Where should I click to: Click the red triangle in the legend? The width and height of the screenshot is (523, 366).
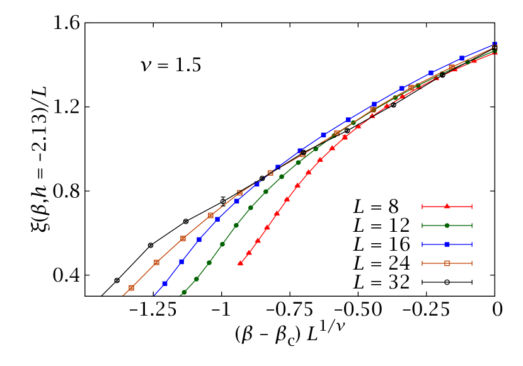[447, 206]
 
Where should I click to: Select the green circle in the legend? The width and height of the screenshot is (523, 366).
[447, 225]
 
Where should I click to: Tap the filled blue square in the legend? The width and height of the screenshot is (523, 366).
[447, 244]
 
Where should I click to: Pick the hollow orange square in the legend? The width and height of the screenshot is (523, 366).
[447, 263]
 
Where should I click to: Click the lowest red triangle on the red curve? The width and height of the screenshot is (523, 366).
[240, 263]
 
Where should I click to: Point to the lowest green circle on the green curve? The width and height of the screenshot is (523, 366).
[184, 292]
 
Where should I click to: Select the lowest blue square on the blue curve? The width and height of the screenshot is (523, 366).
[165, 283]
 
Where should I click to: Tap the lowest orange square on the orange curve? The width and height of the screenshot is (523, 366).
[131, 288]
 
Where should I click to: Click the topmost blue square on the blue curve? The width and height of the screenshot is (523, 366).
[495, 44]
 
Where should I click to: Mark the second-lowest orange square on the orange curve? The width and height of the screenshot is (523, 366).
[156, 262]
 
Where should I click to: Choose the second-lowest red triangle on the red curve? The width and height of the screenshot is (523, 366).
[249, 252]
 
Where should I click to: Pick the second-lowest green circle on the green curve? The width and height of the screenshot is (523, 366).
[196, 278]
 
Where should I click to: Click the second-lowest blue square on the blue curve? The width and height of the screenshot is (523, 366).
[181, 261]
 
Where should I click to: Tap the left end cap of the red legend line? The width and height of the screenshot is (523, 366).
[422, 206]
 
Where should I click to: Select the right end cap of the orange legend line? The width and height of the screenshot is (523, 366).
[471, 263]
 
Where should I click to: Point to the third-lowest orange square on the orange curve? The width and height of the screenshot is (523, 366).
[183, 238]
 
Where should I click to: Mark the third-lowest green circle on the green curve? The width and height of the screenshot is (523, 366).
[209, 263]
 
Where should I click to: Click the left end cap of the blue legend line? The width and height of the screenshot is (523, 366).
[422, 244]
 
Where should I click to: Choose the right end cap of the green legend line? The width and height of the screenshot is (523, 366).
[471, 225]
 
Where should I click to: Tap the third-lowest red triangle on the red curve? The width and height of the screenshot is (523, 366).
[258, 240]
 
